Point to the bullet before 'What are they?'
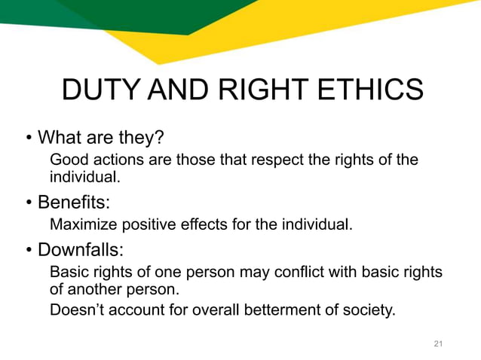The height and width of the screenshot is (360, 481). coord(29,139)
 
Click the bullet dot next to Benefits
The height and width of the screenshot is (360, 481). coord(29,203)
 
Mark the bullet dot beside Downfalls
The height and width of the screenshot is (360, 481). coord(29,249)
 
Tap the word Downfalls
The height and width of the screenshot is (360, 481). coord(84,249)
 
